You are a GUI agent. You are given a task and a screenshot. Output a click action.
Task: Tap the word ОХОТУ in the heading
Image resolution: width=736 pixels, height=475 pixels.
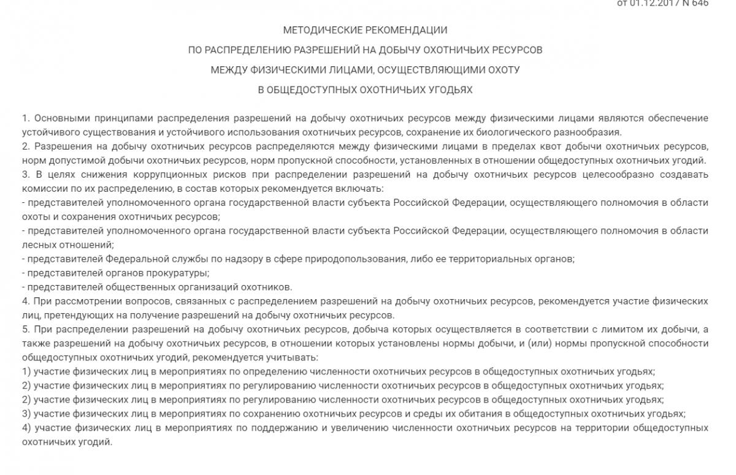point(502,70)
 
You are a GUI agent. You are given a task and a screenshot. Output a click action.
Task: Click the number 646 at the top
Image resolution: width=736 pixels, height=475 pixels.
point(700,3)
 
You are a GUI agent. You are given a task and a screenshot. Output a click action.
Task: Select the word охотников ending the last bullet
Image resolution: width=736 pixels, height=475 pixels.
point(271,287)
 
